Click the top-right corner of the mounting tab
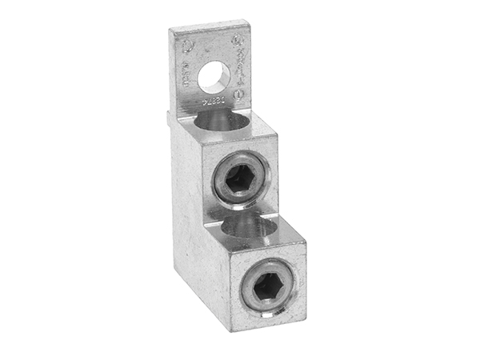(249, 22)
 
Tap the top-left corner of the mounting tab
(170, 30)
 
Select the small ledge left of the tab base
(170, 117)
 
